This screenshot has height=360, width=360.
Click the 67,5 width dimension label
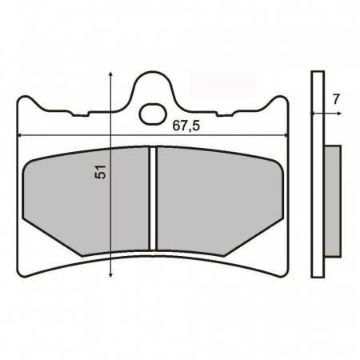[186, 126]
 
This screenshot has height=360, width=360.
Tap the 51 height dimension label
[100, 172]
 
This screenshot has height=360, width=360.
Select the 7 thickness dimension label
[336, 99]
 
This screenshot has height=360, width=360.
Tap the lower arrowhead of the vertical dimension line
[109, 274]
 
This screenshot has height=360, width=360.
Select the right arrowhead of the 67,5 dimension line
[286, 134]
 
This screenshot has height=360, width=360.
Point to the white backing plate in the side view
[318, 176]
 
